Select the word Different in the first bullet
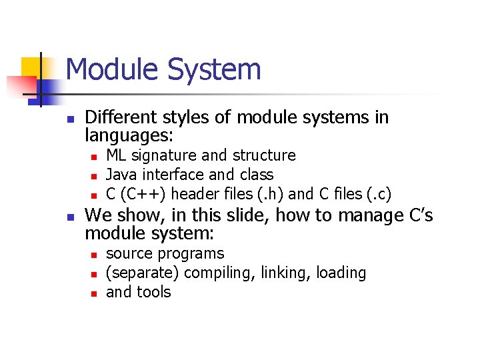(x=118, y=118)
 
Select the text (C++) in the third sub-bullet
(x=141, y=194)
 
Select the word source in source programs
(x=128, y=254)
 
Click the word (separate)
(x=143, y=273)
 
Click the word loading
(x=341, y=273)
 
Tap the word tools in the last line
(x=153, y=292)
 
